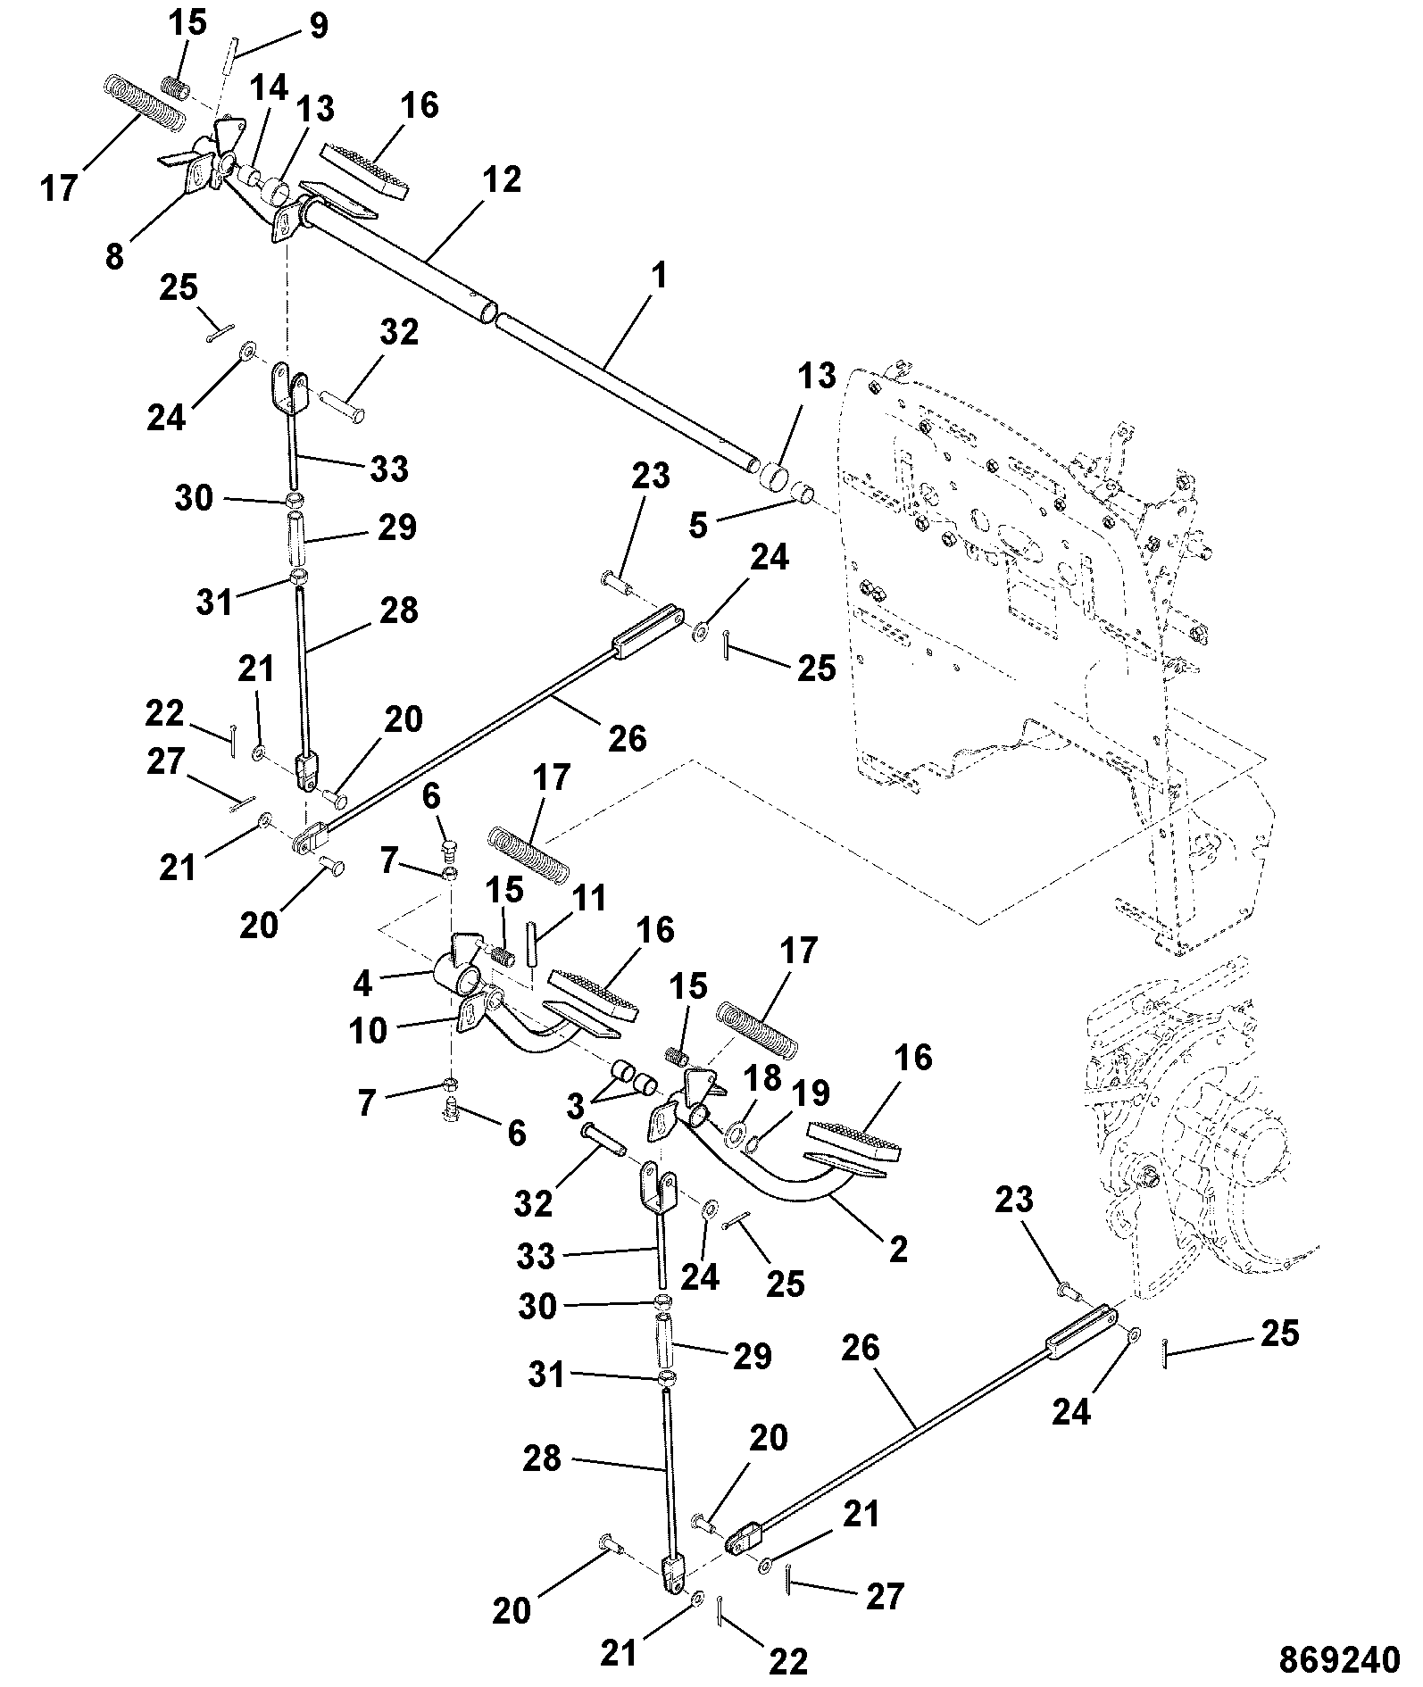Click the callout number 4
click(362, 983)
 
